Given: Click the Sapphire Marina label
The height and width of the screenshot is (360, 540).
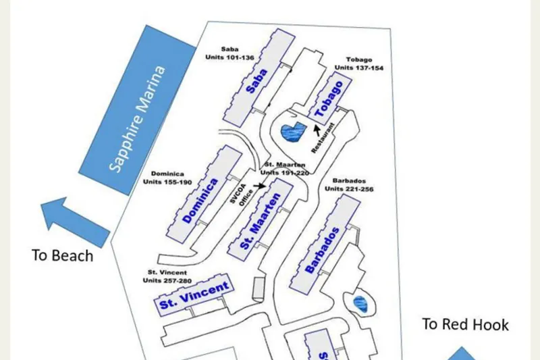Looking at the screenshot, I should pyautogui.click(x=138, y=120).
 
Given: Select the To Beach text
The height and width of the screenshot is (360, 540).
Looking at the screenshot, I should pyautogui.click(x=62, y=256).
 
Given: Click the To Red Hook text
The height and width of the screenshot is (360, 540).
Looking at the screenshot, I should pyautogui.click(x=465, y=324).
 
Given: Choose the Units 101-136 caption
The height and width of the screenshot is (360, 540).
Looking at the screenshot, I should pyautogui.click(x=230, y=57).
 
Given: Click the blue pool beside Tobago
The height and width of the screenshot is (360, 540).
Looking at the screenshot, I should pyautogui.click(x=292, y=132).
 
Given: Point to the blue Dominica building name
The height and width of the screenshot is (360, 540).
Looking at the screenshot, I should pyautogui.click(x=201, y=201).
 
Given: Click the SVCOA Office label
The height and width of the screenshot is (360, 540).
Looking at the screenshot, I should pyautogui.click(x=244, y=197).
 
